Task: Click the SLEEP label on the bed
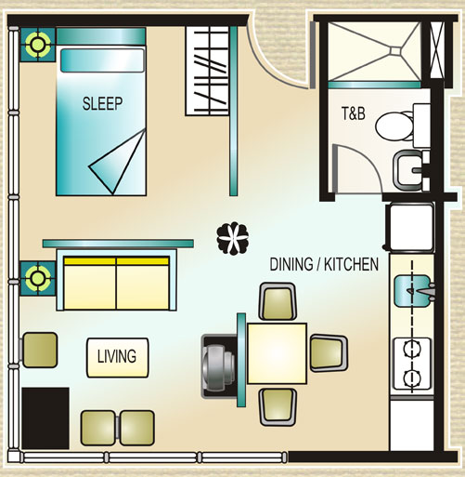click(102, 103)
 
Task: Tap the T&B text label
click(354, 113)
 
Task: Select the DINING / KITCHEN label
click(324, 264)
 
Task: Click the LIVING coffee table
click(118, 357)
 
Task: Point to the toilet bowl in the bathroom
click(394, 126)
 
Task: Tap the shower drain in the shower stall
click(395, 50)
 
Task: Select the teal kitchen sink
click(413, 291)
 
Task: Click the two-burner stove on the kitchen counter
click(412, 364)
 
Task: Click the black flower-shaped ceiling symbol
click(233, 238)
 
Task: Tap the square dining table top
click(277, 353)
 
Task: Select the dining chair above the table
click(278, 301)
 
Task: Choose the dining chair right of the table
click(329, 353)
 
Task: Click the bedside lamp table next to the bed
click(38, 45)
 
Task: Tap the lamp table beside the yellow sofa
click(38, 278)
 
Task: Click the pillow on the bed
click(103, 60)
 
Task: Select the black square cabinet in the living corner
click(45, 417)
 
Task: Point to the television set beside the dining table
click(219, 366)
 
